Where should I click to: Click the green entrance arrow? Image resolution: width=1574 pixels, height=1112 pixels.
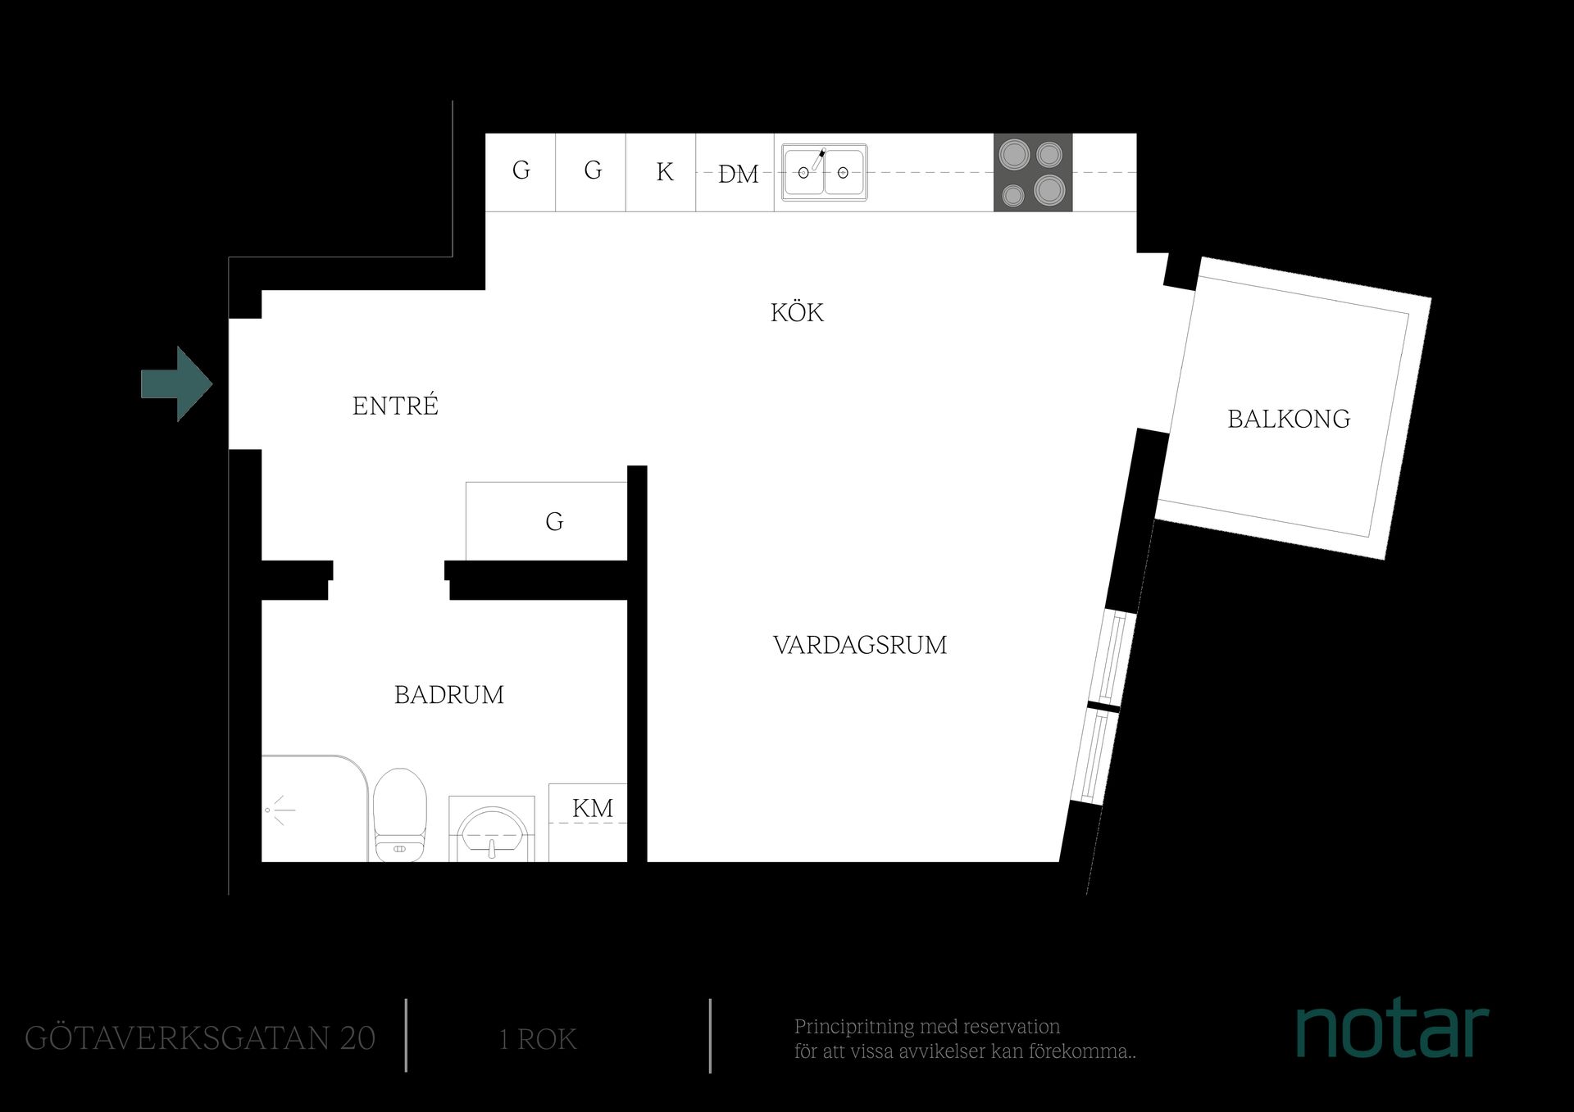(177, 384)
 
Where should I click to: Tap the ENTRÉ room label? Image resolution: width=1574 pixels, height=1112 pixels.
(395, 405)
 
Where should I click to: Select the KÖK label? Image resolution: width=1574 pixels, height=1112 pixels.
(797, 311)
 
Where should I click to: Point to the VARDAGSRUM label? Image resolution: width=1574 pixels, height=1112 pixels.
(860, 645)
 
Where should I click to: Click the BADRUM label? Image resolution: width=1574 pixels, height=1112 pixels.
(448, 695)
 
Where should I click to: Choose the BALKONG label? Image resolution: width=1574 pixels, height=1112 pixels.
(1289, 419)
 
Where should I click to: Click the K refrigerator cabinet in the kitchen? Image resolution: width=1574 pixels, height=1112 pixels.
(661, 172)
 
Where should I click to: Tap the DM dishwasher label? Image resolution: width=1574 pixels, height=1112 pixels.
(739, 174)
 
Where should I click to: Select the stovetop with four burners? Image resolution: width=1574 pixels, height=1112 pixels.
(1033, 172)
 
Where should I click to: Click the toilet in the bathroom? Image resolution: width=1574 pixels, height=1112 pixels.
(400, 815)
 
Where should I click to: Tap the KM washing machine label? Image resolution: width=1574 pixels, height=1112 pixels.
(593, 808)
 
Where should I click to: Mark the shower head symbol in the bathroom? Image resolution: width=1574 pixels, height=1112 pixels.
(279, 810)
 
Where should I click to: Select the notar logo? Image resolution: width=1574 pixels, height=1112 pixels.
(1392, 1030)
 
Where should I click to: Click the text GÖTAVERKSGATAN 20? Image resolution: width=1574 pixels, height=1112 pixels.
(200, 1038)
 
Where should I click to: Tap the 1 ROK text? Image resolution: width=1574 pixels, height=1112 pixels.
(538, 1039)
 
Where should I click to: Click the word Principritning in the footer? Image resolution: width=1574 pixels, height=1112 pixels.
(853, 1028)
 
